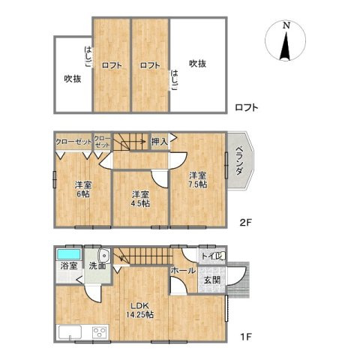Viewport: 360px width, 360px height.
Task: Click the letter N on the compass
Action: point(286,25)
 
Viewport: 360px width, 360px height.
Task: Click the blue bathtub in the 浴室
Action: point(69,254)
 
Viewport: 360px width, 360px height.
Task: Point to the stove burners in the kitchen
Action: point(99,332)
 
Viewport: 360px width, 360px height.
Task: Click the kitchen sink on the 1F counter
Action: point(70,332)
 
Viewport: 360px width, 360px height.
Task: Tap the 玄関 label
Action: point(212,280)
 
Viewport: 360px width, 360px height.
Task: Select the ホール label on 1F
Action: point(183,270)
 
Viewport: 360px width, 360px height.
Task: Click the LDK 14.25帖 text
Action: point(139,310)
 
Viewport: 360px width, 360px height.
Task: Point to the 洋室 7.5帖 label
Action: point(197,180)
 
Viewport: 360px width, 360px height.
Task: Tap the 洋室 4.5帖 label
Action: point(141,199)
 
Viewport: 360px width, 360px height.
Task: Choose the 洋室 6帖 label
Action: point(83,190)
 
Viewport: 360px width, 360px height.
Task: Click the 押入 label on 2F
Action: point(159,142)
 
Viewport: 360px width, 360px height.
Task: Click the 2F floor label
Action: point(245,222)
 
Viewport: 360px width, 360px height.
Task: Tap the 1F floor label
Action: point(245,337)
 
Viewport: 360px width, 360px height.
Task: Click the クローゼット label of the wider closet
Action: point(73,142)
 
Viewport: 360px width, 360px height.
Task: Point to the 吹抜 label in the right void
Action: point(197,64)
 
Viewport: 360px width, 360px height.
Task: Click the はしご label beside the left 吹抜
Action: point(88,57)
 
